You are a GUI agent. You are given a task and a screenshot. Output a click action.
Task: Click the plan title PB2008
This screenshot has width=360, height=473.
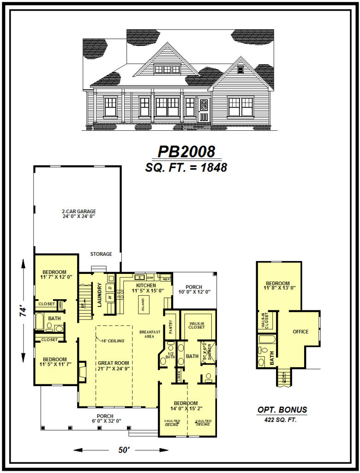(x=186, y=152)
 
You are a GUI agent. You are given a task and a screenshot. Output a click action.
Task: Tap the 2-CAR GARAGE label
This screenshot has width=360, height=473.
(x=79, y=212)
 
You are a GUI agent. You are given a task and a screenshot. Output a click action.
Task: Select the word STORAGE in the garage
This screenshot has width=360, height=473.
(x=101, y=254)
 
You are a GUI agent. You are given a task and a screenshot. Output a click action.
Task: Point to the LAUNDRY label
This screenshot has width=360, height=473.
(x=99, y=295)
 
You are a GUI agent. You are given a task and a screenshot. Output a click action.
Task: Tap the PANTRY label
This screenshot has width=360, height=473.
(x=170, y=327)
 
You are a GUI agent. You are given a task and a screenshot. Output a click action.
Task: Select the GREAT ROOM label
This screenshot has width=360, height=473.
(x=114, y=363)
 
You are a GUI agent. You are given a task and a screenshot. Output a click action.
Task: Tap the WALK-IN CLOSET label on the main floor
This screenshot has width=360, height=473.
(x=197, y=325)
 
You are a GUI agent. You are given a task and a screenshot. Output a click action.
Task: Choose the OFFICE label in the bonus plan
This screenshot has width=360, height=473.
(x=300, y=332)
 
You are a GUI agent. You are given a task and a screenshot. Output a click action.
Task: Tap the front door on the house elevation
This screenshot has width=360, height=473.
(x=203, y=110)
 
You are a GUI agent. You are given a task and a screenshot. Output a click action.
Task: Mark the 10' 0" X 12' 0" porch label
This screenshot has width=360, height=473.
(x=194, y=291)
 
